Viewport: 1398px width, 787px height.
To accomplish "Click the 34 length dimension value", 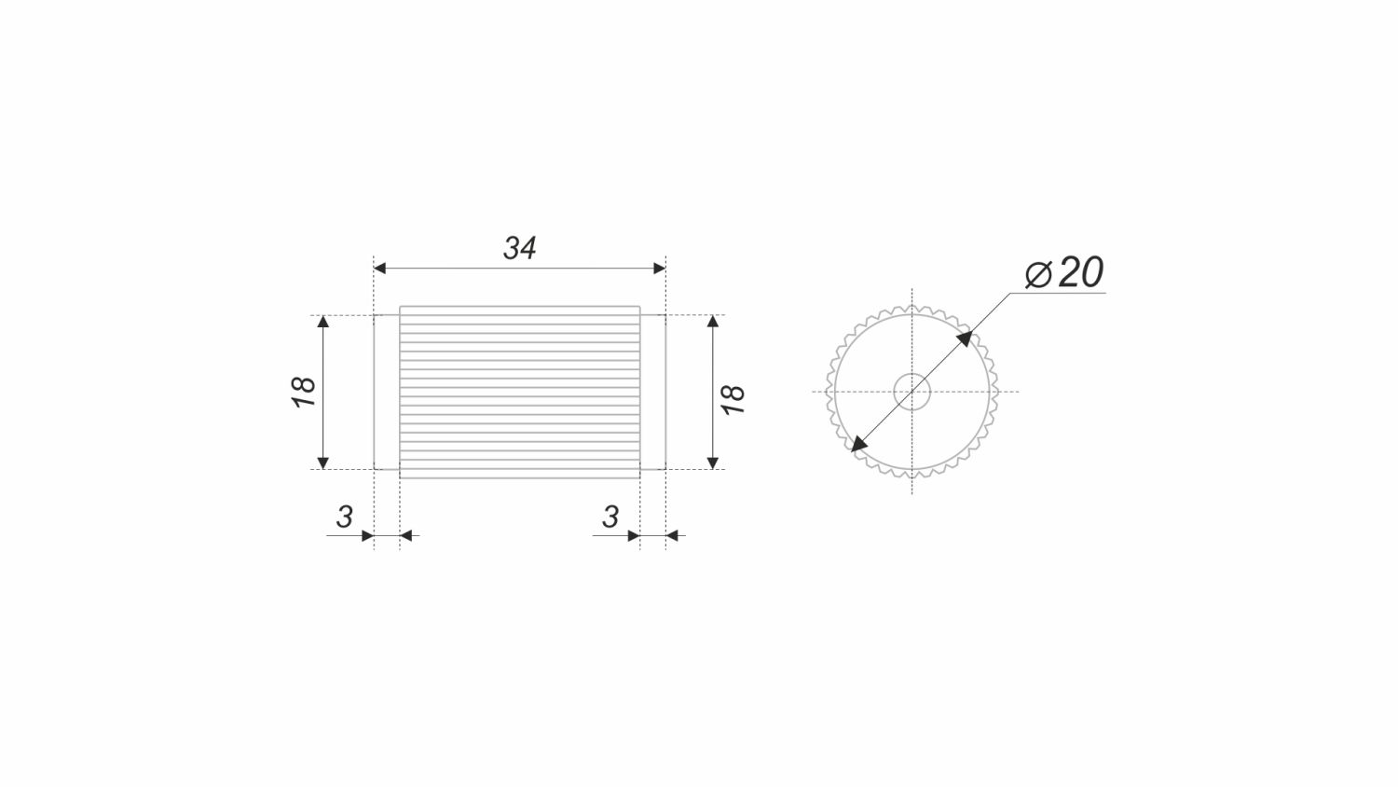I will (520, 248).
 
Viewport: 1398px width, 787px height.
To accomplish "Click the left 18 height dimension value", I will (305, 392).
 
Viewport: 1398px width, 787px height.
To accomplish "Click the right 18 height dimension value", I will (733, 398).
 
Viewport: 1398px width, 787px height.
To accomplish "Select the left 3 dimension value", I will (345, 517).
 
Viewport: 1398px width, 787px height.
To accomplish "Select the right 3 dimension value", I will (610, 517).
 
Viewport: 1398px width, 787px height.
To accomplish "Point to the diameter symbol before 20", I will (1038, 274).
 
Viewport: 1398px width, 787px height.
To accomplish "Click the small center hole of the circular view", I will (911, 392).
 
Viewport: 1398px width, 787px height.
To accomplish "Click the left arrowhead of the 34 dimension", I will (380, 269).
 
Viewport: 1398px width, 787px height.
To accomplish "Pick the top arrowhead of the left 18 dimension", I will (323, 323).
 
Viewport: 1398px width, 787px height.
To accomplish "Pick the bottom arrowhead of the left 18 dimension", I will (323, 462).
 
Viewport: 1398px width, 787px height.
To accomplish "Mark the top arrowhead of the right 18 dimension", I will (713, 323).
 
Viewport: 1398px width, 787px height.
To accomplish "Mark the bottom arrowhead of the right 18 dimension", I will (713, 462).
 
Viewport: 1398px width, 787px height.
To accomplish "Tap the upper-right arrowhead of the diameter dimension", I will (965, 338).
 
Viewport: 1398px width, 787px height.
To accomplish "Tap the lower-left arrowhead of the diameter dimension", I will (858, 445).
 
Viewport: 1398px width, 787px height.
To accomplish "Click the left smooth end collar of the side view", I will (387, 392).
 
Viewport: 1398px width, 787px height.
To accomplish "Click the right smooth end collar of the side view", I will (652, 392).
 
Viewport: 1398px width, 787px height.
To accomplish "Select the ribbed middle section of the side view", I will (520, 392).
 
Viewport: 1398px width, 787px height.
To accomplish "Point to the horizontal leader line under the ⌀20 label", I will (1062, 293).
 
